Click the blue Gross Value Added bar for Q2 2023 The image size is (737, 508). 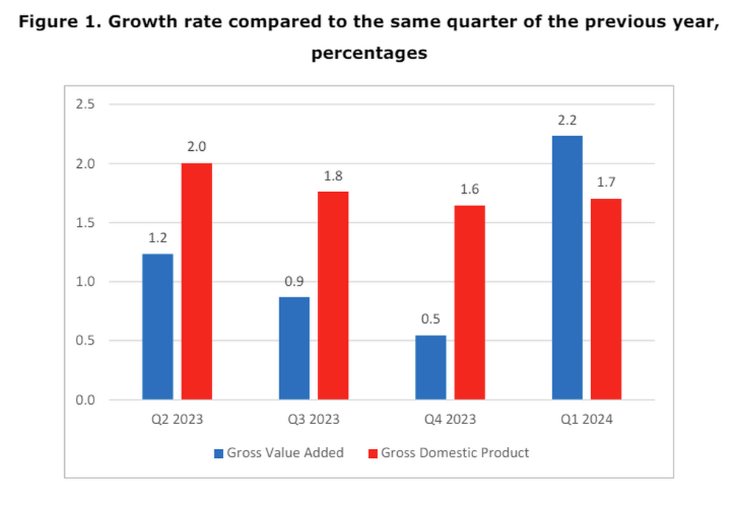[x=158, y=327]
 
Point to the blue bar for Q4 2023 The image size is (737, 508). [x=430, y=367]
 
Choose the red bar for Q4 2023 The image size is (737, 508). [x=469, y=303]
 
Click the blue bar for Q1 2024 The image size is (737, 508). [x=567, y=268]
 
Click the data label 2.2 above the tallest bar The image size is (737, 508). [x=567, y=120]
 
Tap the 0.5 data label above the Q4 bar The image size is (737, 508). [x=430, y=320]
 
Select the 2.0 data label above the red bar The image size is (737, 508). [x=197, y=147]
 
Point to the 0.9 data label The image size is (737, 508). [x=294, y=281]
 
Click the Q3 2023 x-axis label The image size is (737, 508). [x=313, y=420]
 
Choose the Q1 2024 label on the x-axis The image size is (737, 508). [x=586, y=420]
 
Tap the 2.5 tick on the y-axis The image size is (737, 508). [x=86, y=105]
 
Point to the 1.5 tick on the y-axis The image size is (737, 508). [x=86, y=223]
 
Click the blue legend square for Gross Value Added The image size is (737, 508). [x=219, y=454]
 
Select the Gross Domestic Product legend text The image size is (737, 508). [x=455, y=453]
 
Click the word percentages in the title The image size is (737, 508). [x=368, y=53]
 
